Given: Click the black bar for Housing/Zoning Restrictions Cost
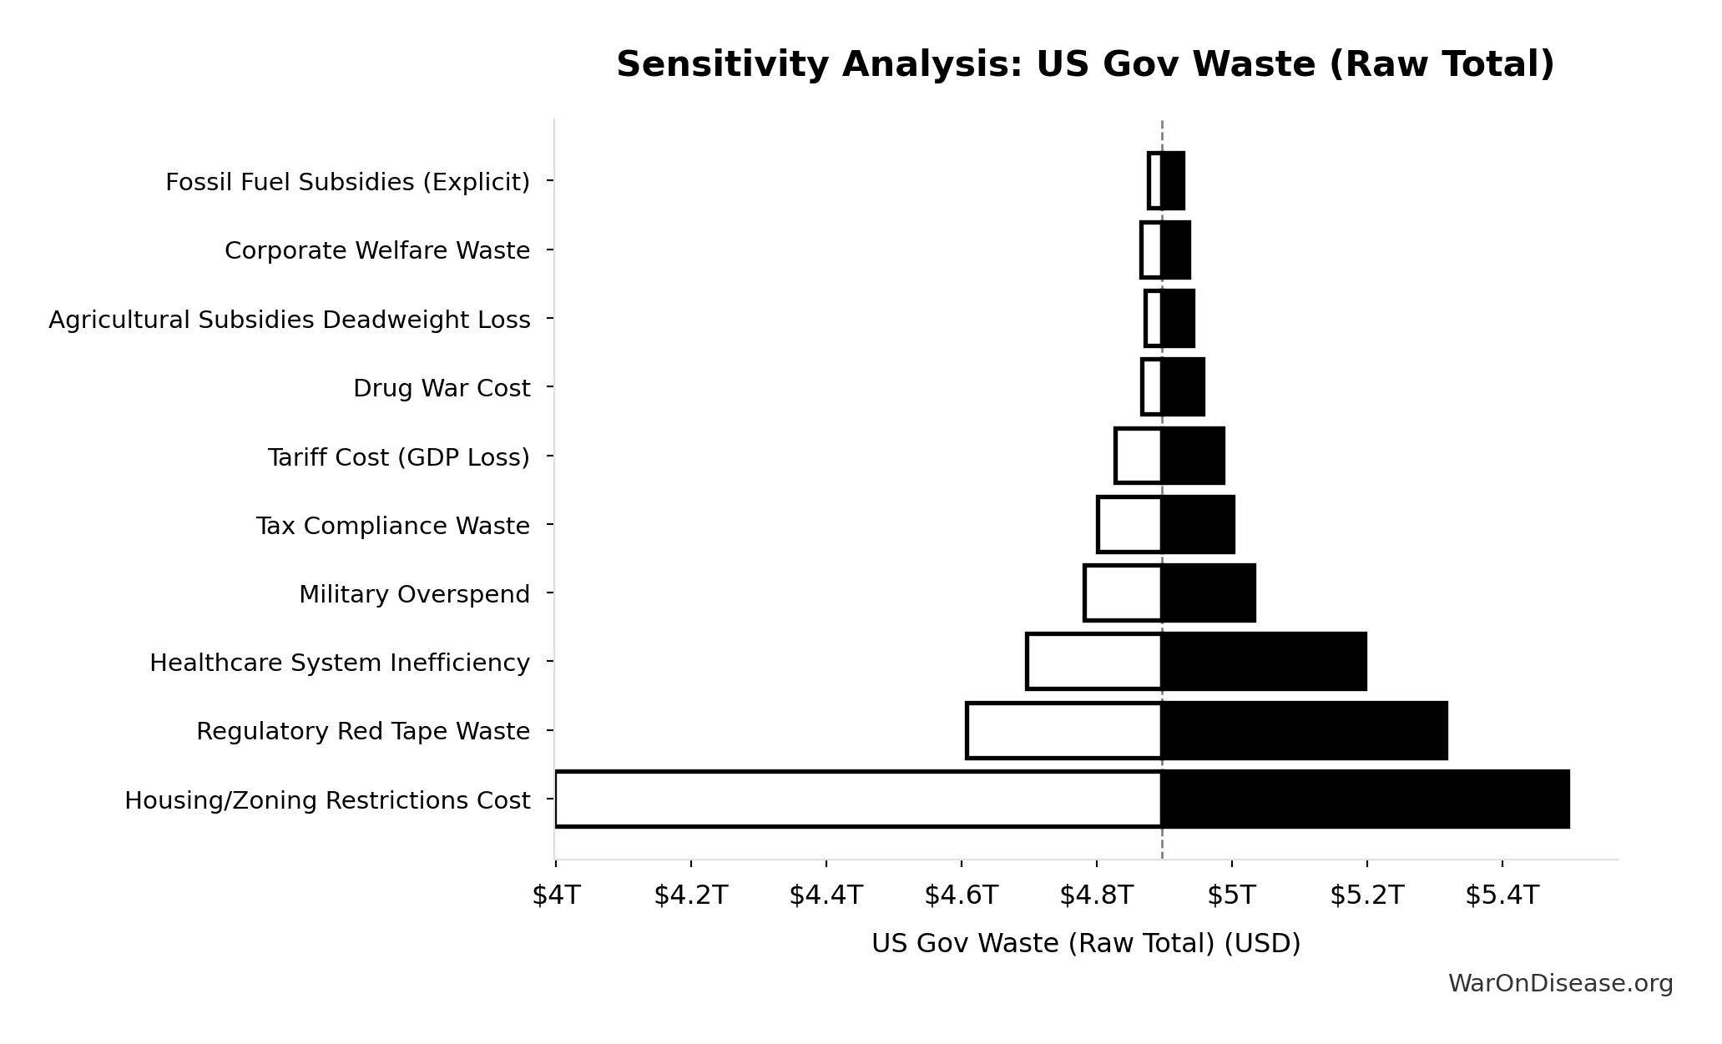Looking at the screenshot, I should [1365, 799].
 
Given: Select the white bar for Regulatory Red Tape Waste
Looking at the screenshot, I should [1063, 730].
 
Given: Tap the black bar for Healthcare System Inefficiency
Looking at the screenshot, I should [1264, 662].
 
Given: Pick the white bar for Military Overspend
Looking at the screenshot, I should [1123, 593].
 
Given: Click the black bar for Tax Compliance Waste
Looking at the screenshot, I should [1198, 525].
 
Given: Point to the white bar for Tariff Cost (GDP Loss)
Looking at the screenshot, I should [1138, 456].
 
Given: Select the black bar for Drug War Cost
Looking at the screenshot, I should [1183, 387].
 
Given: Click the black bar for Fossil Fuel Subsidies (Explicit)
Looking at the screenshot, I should [1173, 181].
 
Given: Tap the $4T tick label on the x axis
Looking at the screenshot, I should [556, 895].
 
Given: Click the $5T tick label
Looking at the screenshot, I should [1231, 895].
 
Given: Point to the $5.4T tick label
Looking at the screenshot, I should [1502, 895].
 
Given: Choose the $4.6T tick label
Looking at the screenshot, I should [961, 895].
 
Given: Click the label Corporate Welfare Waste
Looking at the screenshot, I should [377, 250].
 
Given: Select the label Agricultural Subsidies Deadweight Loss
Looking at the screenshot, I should [289, 320].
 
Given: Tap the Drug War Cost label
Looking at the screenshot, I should [441, 388].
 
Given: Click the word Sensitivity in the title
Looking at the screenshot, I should [723, 64].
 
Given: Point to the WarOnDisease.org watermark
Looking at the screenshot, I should [1560, 984].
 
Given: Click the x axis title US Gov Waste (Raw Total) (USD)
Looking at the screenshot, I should [1085, 943].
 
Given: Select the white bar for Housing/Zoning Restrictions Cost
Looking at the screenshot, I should [857, 799].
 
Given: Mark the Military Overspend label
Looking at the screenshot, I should [414, 594].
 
